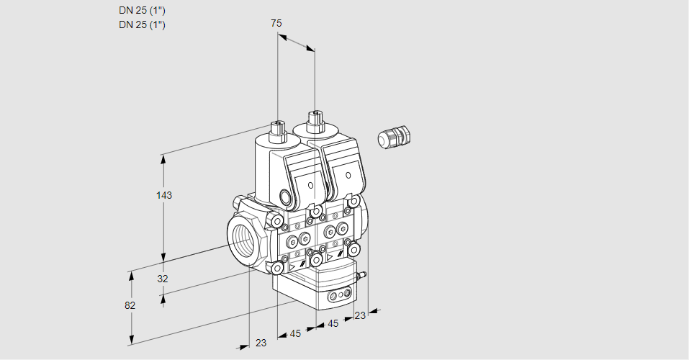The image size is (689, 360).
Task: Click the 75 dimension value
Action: click(x=276, y=24)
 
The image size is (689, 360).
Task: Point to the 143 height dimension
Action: click(x=164, y=195)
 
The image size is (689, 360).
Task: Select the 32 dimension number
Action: click(x=162, y=279)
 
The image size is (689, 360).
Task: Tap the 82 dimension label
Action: click(x=130, y=305)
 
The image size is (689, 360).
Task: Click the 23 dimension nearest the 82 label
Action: click(x=261, y=343)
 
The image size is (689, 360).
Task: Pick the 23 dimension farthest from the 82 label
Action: click(x=360, y=315)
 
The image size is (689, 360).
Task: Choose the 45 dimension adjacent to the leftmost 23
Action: click(x=295, y=333)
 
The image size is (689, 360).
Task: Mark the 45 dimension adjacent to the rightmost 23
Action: click(x=333, y=324)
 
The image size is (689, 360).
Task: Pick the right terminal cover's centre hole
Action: click(x=348, y=175)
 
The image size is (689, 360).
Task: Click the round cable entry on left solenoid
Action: click(x=286, y=197)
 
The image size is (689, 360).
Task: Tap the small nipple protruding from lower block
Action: click(x=362, y=274)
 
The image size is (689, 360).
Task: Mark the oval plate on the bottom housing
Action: click(x=340, y=295)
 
